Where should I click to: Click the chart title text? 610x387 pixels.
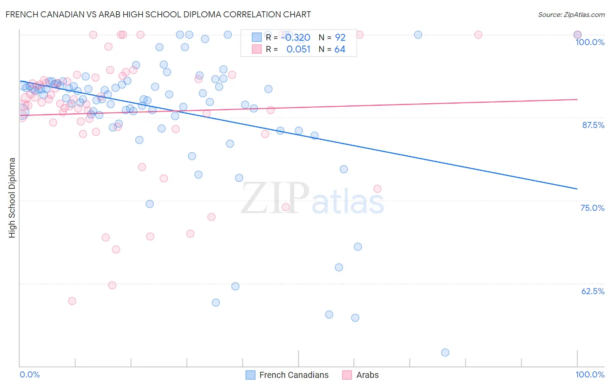pos(158,14)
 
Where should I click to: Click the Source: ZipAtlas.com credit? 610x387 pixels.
pos(571,14)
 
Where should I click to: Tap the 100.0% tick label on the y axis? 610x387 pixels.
pos(590,42)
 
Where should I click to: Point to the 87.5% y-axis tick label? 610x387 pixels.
pos(593,125)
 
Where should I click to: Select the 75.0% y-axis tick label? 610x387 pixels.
pos(592,208)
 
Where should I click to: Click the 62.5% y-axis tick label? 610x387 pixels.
pos(593,291)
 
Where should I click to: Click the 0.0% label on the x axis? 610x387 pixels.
pos(30,374)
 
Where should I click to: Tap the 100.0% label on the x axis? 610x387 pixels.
pos(590,374)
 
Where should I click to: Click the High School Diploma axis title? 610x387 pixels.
pos(12,197)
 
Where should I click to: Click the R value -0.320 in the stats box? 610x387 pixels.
pos(295,38)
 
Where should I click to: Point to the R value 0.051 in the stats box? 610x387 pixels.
pos(298,49)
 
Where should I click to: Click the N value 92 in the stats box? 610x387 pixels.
pos(340,38)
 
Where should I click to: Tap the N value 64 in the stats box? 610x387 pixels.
pos(340,49)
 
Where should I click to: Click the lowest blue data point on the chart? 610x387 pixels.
pos(445,352)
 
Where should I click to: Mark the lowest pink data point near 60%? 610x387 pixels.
pos(72,301)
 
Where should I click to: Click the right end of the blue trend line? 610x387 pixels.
pos(577,189)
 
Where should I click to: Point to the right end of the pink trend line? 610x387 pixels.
pos(577,99)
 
